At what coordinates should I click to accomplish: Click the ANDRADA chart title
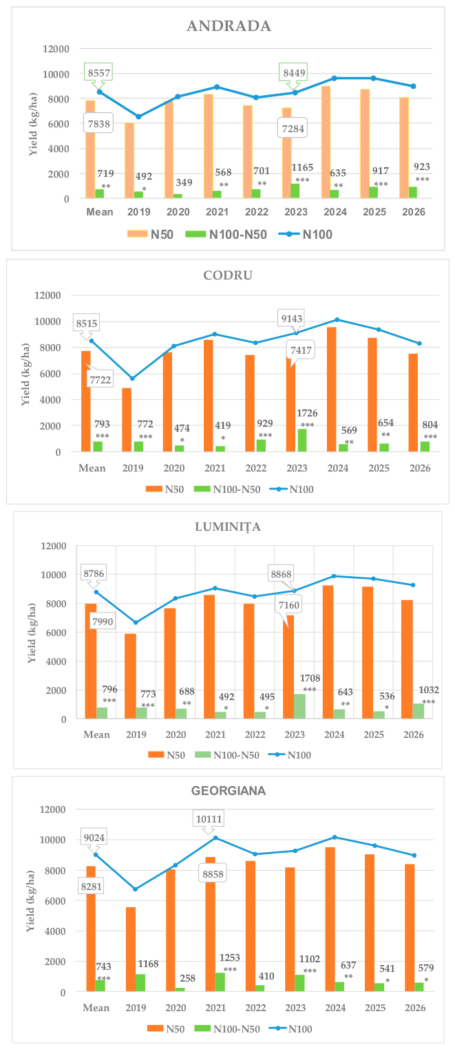point(229,25)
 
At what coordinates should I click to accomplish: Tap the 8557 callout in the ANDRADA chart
point(98,73)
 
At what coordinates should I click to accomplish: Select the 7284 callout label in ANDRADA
point(293,128)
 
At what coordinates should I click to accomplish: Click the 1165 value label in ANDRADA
point(302,167)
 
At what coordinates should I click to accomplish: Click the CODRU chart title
point(228,275)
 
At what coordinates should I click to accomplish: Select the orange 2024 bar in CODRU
point(331,389)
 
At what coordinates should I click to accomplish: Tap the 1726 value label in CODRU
point(306,413)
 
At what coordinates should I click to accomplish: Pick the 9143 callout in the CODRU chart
point(292,319)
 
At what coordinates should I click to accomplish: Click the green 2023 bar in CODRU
point(302,441)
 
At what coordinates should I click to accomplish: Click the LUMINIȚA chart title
point(228,527)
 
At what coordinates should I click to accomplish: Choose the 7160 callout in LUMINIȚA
point(289,605)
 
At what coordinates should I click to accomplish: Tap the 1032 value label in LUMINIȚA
point(428,690)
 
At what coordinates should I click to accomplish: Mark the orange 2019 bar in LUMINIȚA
point(130,676)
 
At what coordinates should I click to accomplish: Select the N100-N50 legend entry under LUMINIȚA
point(227,755)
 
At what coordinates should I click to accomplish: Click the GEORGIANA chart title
point(229,790)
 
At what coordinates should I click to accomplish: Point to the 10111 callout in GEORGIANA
point(209,819)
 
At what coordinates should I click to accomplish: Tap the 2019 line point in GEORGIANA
point(136,889)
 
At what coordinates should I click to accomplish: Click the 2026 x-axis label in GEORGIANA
point(415,1008)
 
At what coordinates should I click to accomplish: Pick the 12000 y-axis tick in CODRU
point(47,295)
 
